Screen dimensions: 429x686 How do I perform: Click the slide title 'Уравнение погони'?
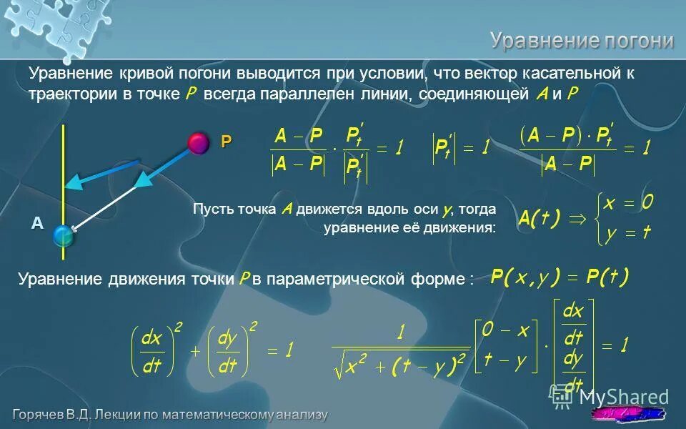[x=582, y=40]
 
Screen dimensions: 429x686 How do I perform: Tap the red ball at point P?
[x=199, y=143]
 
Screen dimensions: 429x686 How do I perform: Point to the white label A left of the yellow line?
[x=36, y=223]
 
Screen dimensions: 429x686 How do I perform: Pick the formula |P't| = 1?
[x=462, y=149]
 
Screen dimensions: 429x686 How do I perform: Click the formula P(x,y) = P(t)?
[x=560, y=277]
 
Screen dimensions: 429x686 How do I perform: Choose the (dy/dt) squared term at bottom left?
[x=230, y=350]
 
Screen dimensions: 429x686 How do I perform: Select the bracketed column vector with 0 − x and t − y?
[x=504, y=347]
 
